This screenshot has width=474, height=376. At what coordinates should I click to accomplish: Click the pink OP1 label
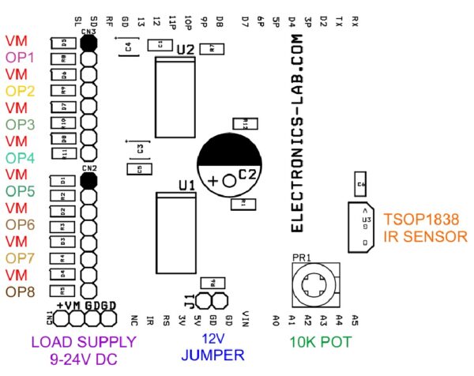pyautogui.click(x=20, y=58)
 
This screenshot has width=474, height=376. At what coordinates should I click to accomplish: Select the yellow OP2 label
pyautogui.click(x=20, y=91)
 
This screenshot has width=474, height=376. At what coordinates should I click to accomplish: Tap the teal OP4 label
pyautogui.click(x=20, y=157)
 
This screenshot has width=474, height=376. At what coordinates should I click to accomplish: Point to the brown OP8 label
pyautogui.click(x=20, y=291)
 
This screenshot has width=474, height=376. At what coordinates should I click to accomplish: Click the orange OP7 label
pyautogui.click(x=20, y=258)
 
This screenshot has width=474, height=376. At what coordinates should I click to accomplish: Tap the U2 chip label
pyautogui.click(x=186, y=49)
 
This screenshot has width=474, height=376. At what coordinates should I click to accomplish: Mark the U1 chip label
pyautogui.click(x=186, y=185)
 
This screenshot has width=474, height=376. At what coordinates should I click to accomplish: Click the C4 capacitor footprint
pyautogui.click(x=128, y=49)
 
